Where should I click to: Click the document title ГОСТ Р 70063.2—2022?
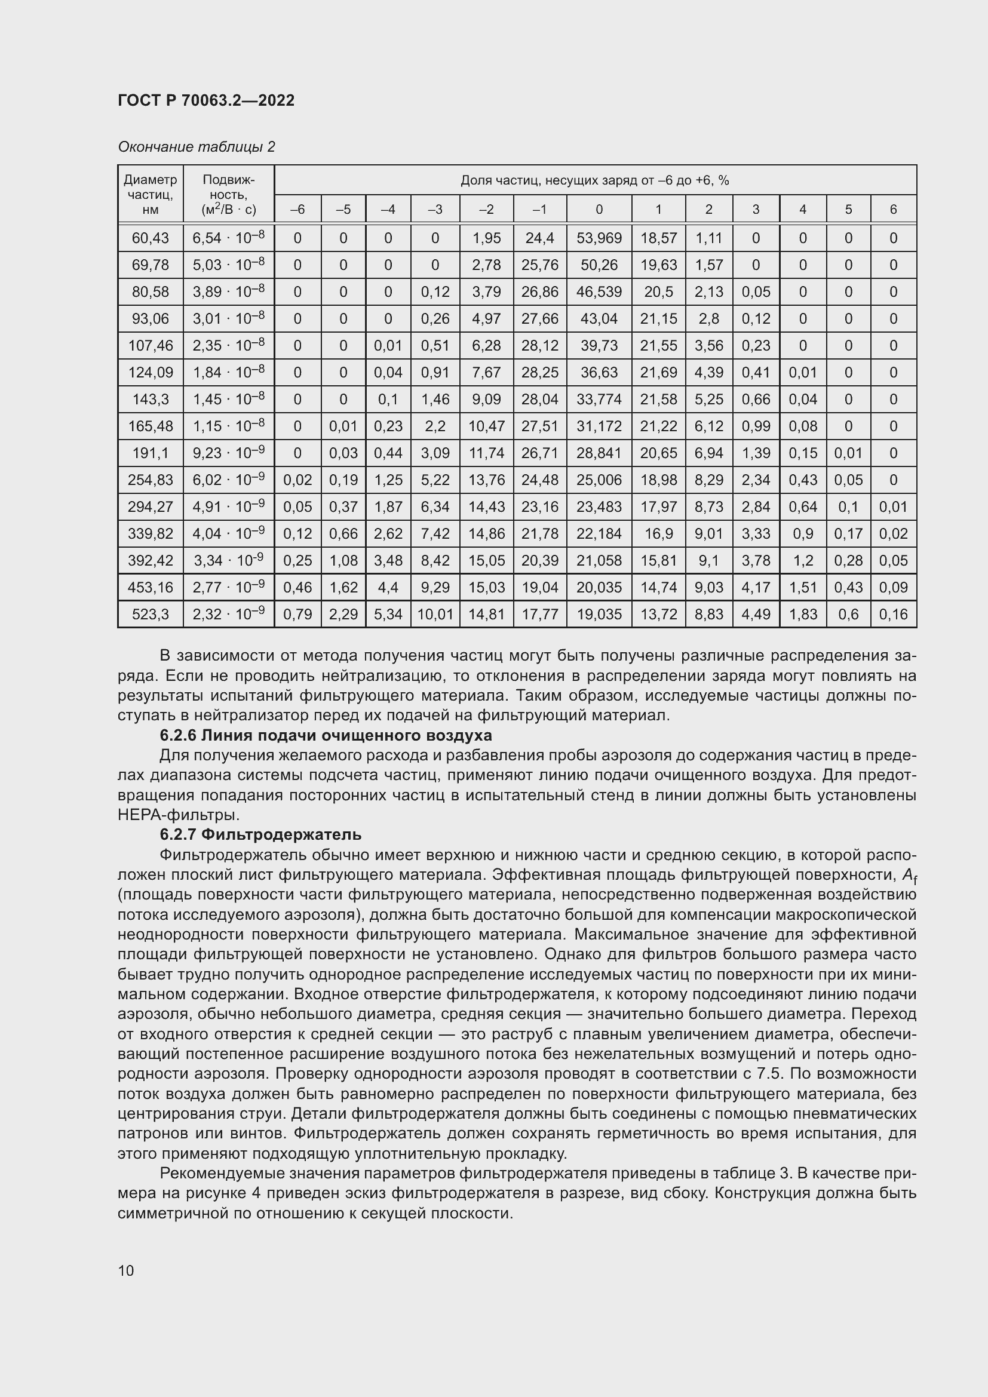(205, 100)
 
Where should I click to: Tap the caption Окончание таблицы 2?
(196, 147)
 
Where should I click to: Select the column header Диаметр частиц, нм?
(151, 194)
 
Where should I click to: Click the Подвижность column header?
(228, 194)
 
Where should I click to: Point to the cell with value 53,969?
(599, 238)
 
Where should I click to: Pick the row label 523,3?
(151, 615)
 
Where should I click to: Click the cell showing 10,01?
(435, 615)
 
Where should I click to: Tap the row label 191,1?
(151, 453)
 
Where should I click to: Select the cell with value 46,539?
(599, 291)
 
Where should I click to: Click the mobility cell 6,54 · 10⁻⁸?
(228, 238)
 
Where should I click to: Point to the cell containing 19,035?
(599, 615)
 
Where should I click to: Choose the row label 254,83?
(151, 480)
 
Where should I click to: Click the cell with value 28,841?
(599, 453)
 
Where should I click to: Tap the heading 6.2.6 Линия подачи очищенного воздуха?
(326, 736)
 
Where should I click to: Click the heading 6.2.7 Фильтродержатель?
(260, 835)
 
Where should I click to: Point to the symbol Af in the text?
(909, 876)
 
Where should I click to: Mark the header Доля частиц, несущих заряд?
(594, 180)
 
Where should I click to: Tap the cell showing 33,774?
(599, 400)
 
